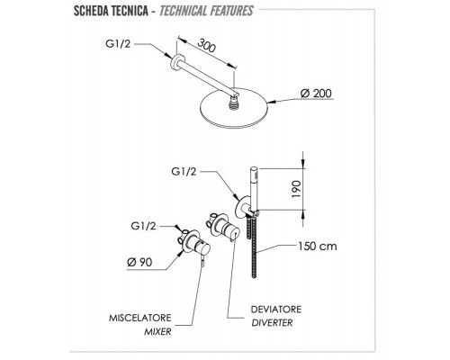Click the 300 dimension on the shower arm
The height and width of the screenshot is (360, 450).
207,45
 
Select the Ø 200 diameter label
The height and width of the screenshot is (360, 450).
316,94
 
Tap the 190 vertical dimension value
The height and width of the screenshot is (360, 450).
296,189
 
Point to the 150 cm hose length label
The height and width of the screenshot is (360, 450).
318,247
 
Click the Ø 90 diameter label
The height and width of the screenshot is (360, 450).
139,262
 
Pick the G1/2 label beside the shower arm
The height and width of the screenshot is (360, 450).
118,44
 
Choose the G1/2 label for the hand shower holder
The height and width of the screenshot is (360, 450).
184,172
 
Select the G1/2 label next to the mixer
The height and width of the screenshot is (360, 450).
143,226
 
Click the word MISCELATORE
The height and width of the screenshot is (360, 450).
140,318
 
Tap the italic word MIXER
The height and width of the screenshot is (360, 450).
157,331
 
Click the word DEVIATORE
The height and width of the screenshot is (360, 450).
276,309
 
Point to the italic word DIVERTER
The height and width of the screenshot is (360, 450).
272,323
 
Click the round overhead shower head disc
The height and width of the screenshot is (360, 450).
233,108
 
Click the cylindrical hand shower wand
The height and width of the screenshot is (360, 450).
255,187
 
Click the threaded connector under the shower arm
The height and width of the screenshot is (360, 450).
233,103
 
